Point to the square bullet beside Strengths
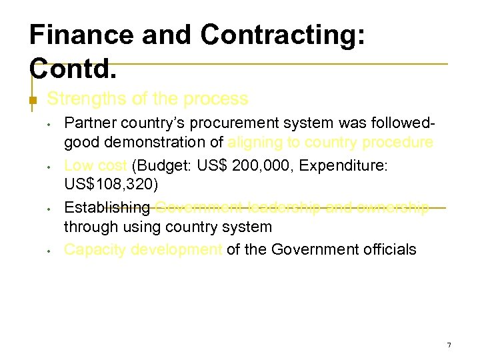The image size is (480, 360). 31,101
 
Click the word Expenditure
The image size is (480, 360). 345,165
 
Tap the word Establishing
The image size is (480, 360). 107,208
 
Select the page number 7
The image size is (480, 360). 449,345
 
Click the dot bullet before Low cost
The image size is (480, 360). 49,166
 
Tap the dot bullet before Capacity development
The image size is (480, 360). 49,251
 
